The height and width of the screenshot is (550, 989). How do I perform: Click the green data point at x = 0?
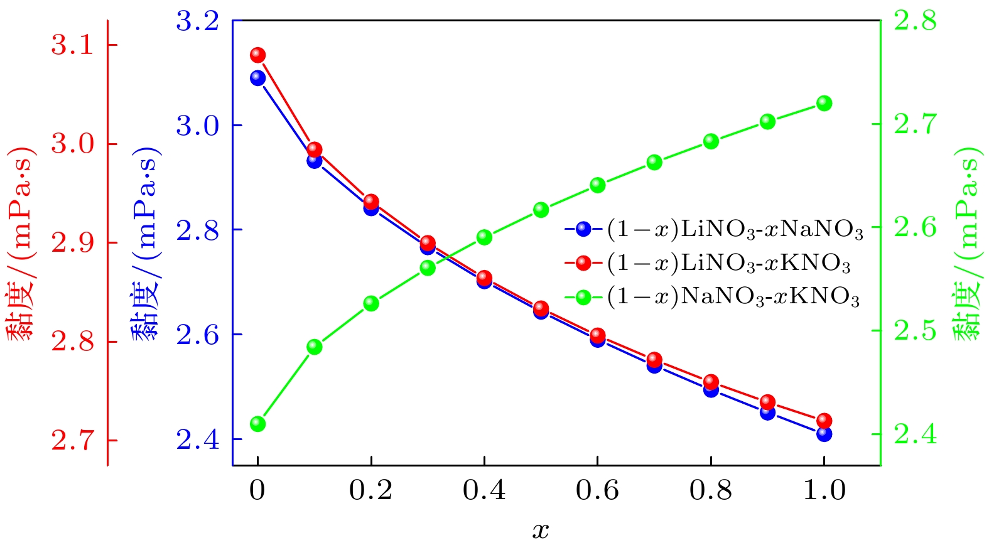click(257, 424)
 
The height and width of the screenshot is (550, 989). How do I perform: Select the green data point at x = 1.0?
click(824, 104)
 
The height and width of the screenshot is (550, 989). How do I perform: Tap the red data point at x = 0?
click(257, 55)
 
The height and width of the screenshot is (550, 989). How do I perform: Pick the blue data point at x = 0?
click(257, 78)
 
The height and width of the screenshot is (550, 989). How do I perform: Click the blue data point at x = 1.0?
click(824, 433)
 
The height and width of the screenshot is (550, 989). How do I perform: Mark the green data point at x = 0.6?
click(597, 185)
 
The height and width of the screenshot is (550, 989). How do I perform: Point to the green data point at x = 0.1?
click(315, 347)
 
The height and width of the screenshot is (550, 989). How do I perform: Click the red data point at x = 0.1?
click(315, 149)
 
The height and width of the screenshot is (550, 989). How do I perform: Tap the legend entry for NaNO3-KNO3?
click(713, 296)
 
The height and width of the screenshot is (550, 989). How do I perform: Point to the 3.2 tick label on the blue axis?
click(197, 22)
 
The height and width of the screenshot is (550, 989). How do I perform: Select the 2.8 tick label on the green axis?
click(914, 21)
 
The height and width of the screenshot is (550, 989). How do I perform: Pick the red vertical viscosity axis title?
click(20, 244)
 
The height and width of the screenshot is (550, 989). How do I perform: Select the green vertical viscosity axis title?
click(967, 244)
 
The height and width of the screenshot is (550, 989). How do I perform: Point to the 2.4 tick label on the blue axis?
click(197, 439)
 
